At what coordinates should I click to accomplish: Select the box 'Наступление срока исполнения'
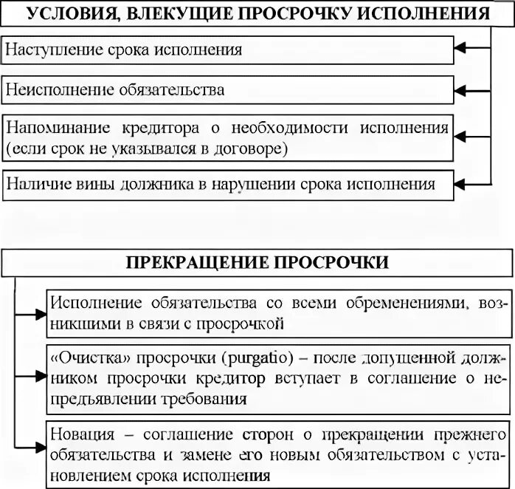click(x=229, y=50)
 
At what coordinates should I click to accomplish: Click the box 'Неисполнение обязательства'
click(x=229, y=90)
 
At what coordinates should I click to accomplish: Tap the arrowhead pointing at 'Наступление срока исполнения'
click(x=462, y=50)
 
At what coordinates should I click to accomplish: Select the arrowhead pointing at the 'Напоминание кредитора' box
click(x=462, y=137)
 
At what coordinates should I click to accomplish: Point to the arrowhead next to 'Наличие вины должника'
click(x=462, y=182)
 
